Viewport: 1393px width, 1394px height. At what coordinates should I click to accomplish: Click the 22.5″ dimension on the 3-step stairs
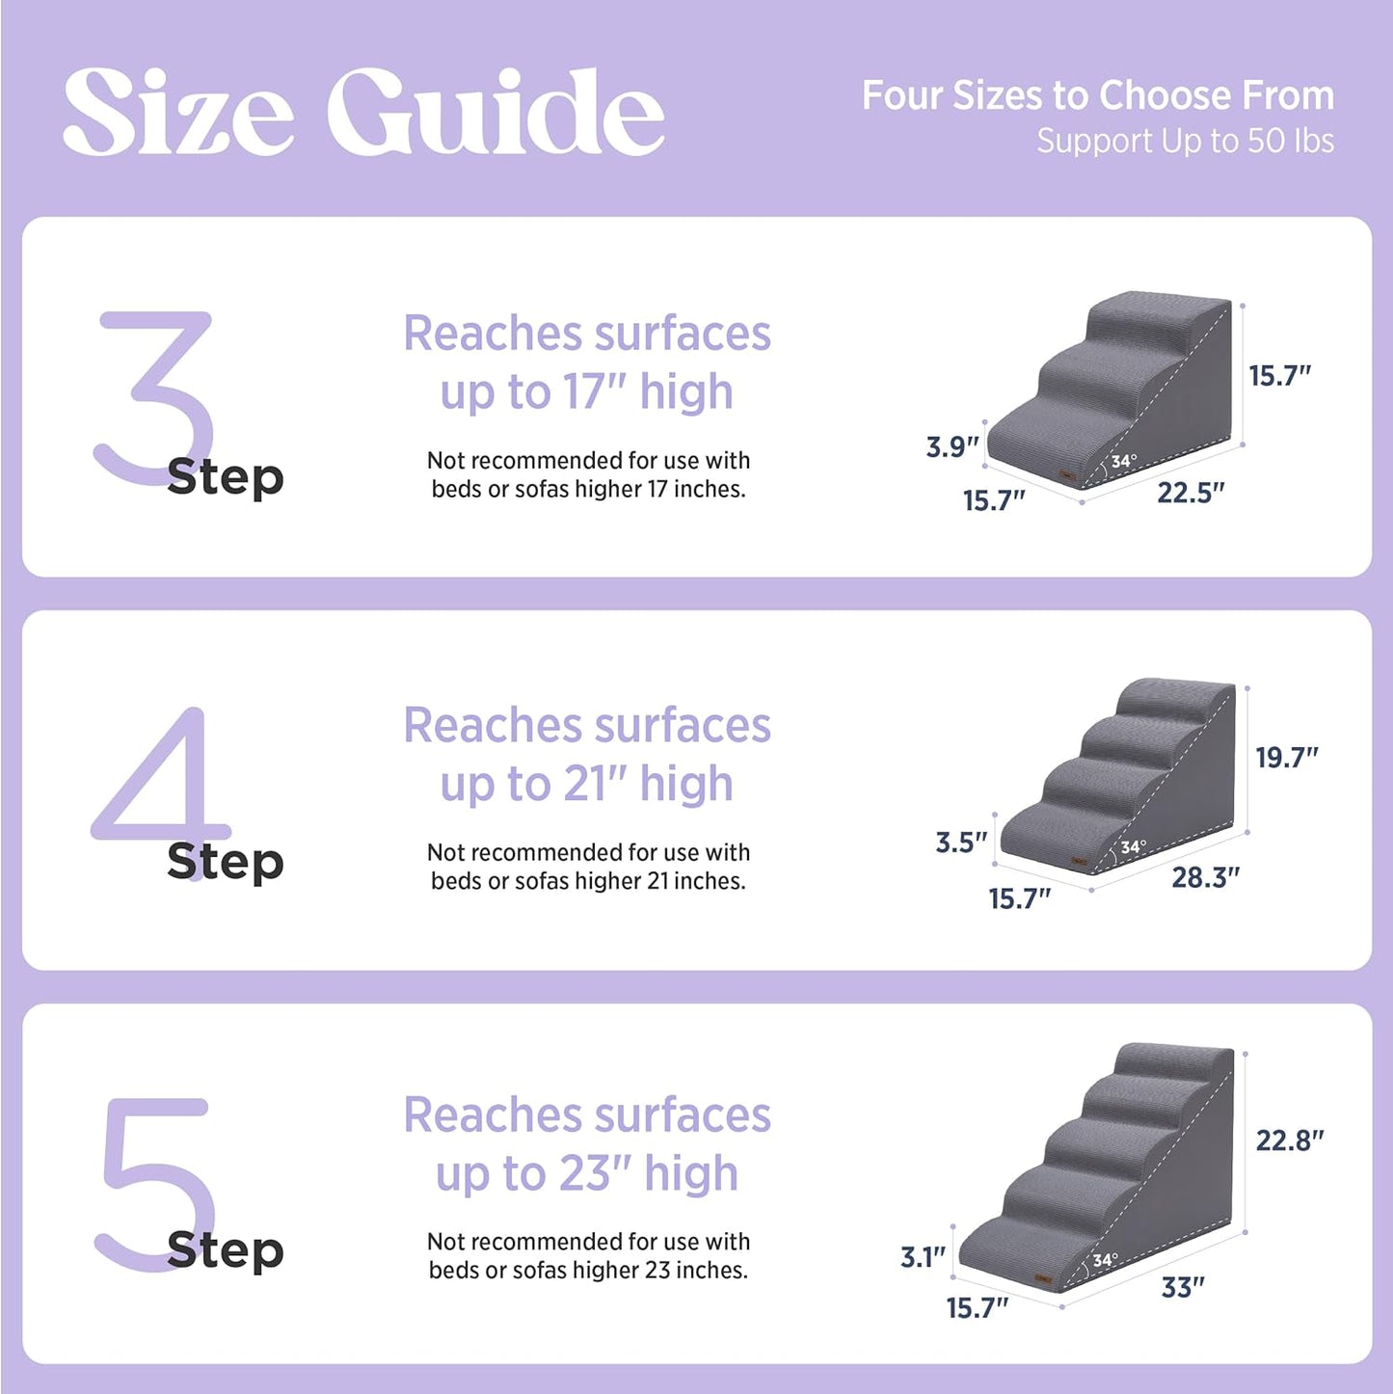[x=1190, y=493]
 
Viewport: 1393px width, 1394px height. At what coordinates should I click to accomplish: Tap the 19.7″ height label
[x=1286, y=758]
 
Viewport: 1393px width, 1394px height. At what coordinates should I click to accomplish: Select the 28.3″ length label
[x=1205, y=877]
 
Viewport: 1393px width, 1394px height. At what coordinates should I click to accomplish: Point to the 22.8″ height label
[x=1289, y=1140]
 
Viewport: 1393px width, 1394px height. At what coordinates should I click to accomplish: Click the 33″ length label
[x=1183, y=1287]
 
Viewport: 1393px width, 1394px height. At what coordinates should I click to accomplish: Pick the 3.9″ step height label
[x=951, y=446]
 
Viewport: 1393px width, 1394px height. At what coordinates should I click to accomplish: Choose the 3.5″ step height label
[x=961, y=843]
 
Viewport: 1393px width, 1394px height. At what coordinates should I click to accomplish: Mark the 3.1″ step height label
[x=923, y=1257]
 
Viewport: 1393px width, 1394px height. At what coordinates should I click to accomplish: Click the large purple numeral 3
[x=154, y=395]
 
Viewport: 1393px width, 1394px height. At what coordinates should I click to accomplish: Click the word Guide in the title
[x=496, y=113]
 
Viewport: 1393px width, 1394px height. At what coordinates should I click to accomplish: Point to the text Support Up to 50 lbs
[x=1185, y=142]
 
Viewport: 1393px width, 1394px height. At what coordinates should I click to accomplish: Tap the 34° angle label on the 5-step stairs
[x=1105, y=1260]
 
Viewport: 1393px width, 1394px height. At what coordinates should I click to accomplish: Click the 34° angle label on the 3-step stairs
[x=1123, y=462]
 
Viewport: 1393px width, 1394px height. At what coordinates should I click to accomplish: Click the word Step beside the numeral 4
[x=225, y=861]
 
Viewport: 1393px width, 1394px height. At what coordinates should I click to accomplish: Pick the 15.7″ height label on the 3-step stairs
[x=1279, y=376]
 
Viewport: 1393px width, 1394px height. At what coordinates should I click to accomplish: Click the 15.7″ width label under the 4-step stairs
[x=1019, y=898]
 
